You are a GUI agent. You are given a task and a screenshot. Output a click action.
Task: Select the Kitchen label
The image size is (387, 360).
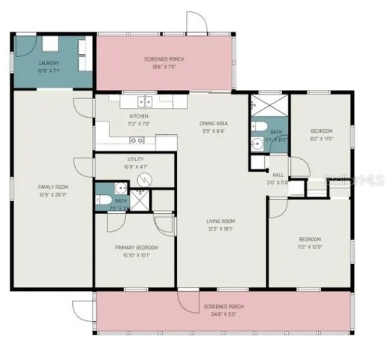[139, 116]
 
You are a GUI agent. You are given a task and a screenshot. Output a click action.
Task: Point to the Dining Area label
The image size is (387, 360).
[213, 123]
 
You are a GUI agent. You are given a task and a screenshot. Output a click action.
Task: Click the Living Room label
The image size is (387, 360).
[221, 220]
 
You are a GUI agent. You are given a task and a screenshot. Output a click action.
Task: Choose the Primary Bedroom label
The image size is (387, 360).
[136, 247]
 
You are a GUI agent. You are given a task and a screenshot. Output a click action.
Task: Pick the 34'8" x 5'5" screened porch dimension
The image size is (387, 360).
[223, 313]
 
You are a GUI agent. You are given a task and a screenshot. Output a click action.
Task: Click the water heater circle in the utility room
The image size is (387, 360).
[148, 178]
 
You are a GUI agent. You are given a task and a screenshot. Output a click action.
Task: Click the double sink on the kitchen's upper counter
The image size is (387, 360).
[143, 101]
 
